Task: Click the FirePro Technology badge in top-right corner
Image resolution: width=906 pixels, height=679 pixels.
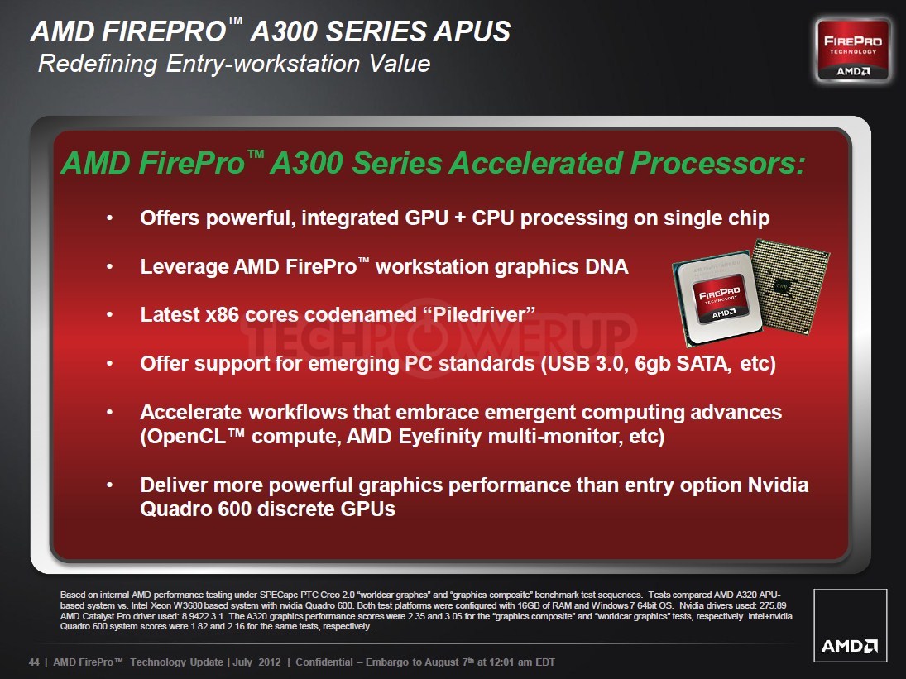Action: [x=853, y=50]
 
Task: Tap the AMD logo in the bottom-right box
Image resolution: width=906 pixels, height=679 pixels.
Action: [x=850, y=645]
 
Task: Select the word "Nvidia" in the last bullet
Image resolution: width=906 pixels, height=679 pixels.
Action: [x=778, y=485]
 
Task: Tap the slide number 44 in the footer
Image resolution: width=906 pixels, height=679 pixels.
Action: [x=34, y=662]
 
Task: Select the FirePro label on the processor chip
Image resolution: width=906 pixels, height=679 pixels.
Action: [x=720, y=301]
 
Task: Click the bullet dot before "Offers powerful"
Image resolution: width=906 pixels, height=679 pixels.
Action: [x=109, y=218]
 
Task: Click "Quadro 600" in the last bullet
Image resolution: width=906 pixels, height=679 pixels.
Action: [x=196, y=509]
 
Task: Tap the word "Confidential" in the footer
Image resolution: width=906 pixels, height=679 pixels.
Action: [x=324, y=662]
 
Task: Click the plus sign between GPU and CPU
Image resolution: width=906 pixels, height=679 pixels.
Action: [x=460, y=218]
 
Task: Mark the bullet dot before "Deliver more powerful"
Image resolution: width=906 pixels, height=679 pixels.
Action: [x=109, y=485]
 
